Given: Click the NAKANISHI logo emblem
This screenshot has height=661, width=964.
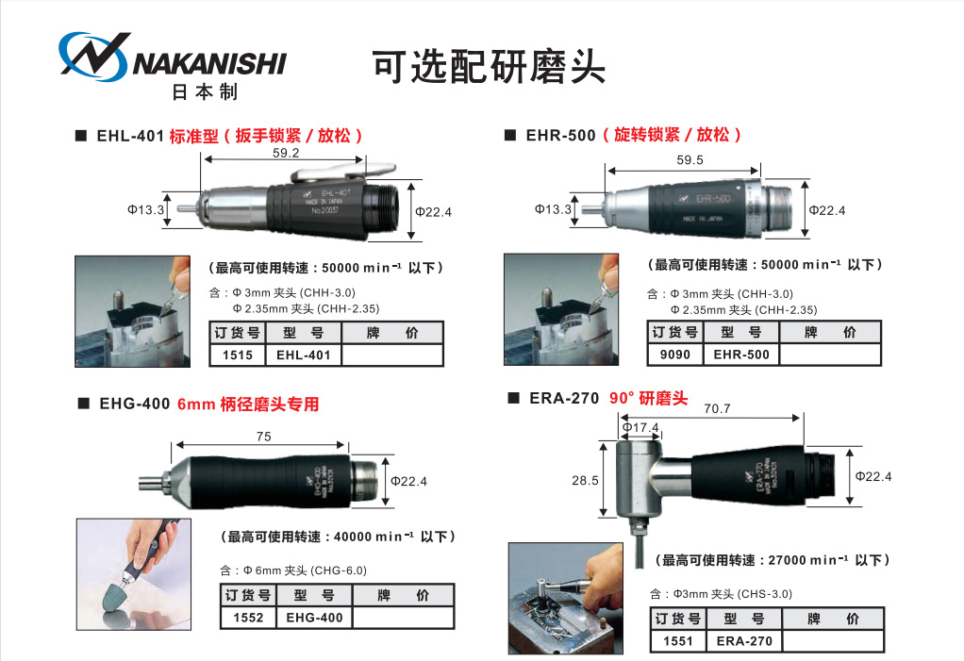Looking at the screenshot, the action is pos(94,56).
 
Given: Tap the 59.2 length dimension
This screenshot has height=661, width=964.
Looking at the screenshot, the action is pos(286,153).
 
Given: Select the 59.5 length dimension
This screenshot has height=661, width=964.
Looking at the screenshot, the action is pos(690,159).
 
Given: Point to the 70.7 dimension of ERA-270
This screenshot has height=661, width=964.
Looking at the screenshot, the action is pos(717,408).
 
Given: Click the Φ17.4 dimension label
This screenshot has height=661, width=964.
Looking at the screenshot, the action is pos(640,427).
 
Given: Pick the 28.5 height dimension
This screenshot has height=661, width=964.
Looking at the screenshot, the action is pos(585,480).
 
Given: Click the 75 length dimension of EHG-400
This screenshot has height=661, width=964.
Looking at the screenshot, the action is pos(264,437).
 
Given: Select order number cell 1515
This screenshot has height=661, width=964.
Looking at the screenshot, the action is pos(238,355).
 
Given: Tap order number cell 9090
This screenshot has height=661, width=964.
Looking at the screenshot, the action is pos(675,355).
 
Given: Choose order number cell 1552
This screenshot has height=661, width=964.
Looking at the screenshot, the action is pos(248,618).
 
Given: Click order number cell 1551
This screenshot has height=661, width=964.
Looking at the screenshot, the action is pos(678,641).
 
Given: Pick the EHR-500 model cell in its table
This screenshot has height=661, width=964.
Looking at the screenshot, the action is pos(741,355).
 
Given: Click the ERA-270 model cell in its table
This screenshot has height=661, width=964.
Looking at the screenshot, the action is pos(744,641).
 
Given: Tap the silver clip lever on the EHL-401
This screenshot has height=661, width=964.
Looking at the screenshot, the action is pos(343,171).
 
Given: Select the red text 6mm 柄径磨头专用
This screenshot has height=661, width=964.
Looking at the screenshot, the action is pos(248,405).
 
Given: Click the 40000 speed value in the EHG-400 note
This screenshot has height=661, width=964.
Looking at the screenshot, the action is pos(353,537).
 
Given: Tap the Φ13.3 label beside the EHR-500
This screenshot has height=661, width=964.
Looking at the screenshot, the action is pos(554,209).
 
